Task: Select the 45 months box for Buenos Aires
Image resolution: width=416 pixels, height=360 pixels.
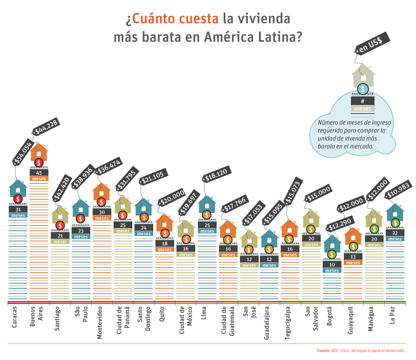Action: click(x=39, y=172)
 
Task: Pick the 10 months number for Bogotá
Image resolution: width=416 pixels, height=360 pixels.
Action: click(x=332, y=265)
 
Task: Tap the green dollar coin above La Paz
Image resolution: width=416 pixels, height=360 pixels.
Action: click(x=395, y=223)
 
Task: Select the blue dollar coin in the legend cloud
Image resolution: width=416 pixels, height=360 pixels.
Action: click(x=363, y=89)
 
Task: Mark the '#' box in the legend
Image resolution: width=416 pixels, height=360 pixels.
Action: click(x=363, y=101)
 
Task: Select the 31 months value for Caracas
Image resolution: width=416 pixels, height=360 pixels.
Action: click(x=18, y=209)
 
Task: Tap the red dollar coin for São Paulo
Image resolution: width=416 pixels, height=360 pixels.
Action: click(x=81, y=219)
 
